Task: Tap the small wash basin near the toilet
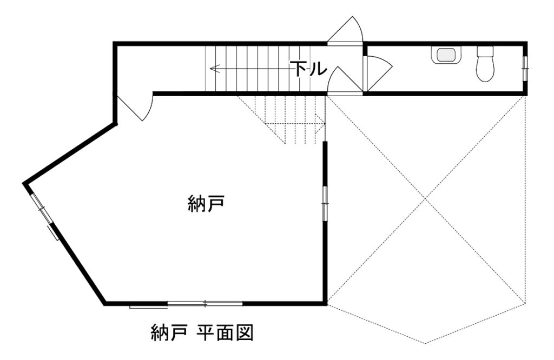tap(446, 55)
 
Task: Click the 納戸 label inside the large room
tap(206, 204)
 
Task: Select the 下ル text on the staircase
tap(308, 69)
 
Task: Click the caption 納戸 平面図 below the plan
tap(202, 332)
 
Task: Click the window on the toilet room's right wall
tap(525, 68)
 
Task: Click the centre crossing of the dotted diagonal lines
tap(426, 200)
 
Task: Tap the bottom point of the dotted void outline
tap(426, 343)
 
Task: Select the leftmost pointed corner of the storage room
tap(25, 184)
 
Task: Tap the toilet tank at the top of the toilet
tap(485, 52)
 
